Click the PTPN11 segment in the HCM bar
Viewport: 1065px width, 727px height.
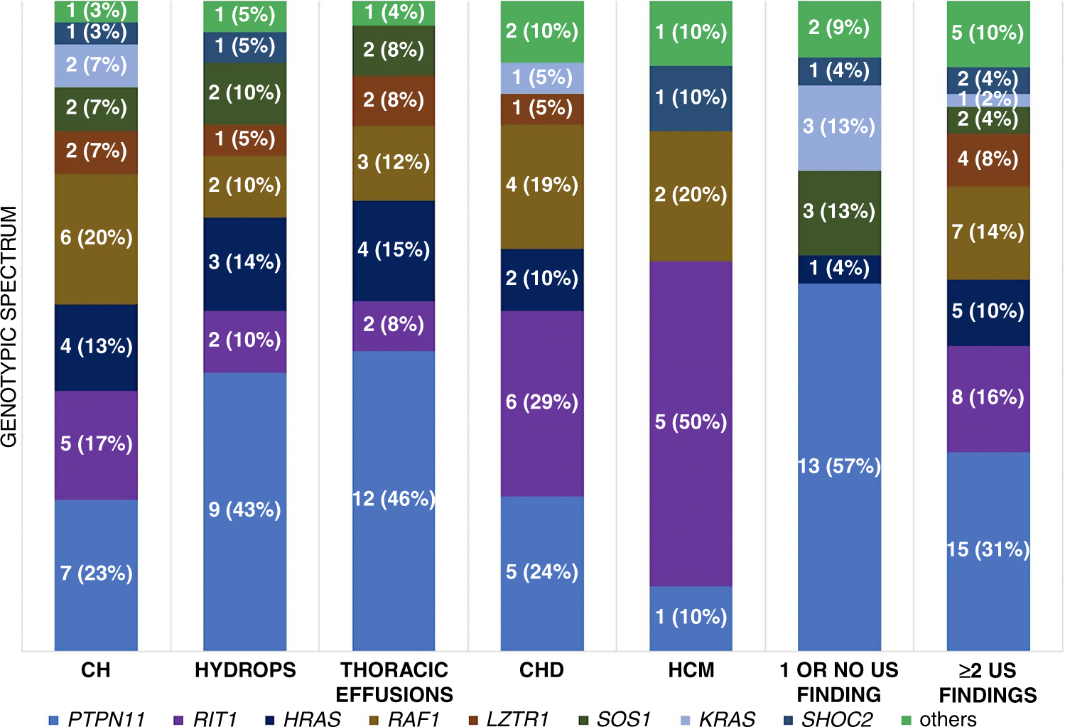(691, 617)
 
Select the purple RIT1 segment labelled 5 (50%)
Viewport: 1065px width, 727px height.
(691, 423)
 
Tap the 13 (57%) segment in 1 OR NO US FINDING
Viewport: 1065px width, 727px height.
(839, 466)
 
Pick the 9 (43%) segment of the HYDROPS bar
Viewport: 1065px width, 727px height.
(244, 510)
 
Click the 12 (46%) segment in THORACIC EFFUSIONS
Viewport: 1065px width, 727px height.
(394, 499)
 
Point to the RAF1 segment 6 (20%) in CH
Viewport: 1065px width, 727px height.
(96, 238)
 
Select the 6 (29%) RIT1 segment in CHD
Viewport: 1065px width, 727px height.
(542, 402)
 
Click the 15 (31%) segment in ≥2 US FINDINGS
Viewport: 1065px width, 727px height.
(988, 549)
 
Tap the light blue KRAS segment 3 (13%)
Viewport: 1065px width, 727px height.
(839, 127)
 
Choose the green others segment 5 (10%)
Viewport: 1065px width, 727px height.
(988, 33)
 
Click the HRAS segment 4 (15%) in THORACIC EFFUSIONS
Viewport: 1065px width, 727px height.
(394, 250)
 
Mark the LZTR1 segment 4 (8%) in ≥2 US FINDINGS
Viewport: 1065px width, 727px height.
(988, 159)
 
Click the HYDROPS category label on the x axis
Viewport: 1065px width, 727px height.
(245, 670)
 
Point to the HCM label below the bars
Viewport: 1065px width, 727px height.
(691, 670)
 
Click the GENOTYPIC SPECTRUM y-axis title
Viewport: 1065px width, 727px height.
(9, 327)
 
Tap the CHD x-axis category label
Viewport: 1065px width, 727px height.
(541, 670)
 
